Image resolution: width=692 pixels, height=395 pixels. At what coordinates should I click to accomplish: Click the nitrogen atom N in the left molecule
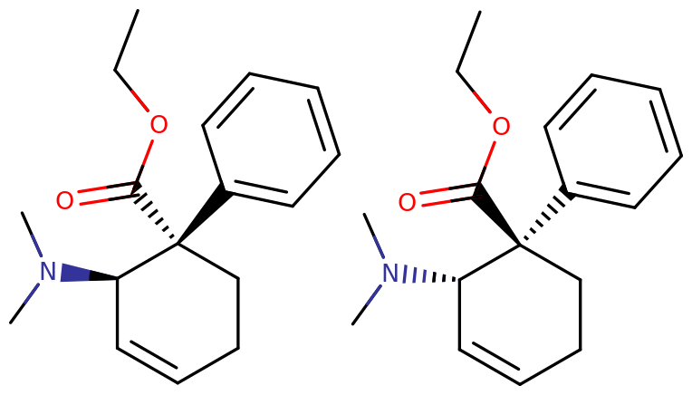48,272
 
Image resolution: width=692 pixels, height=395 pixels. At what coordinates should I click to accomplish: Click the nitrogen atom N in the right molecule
390,274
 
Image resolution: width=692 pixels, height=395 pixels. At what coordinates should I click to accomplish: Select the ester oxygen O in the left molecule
159,124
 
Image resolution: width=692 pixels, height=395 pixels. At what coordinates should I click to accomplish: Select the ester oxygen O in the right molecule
501,127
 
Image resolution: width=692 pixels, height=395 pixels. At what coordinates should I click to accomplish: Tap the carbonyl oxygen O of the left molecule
64,200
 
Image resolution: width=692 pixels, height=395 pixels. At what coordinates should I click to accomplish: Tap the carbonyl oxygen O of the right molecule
407,202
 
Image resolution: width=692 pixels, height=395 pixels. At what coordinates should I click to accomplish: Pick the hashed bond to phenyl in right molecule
545,217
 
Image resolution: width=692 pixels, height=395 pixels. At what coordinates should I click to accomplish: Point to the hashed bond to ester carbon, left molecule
154,214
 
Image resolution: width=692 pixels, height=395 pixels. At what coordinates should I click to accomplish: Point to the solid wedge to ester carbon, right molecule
496,215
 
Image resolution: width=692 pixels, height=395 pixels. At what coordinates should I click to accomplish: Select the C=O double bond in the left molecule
107,193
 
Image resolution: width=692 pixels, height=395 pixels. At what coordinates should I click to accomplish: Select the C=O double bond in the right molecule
449,195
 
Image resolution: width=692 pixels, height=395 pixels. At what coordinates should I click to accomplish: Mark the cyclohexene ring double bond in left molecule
148,361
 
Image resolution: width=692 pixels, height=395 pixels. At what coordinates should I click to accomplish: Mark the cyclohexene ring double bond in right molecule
490,363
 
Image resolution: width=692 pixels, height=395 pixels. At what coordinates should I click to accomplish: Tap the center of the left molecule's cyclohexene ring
178,313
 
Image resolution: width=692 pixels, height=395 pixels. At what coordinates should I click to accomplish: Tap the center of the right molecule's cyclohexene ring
520,314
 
